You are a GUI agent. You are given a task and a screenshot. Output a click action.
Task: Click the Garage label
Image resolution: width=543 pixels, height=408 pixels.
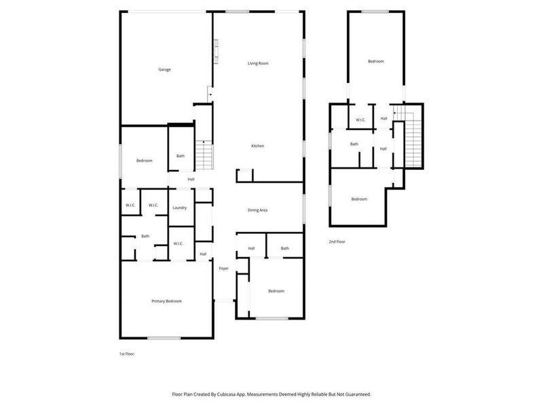tap(164, 69)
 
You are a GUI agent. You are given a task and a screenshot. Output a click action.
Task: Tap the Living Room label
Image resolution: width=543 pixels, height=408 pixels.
tap(258, 63)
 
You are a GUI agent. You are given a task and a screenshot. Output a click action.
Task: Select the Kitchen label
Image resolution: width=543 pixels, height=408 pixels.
tap(258, 146)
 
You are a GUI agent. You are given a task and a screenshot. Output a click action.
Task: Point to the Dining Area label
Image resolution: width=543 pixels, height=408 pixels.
tap(257, 210)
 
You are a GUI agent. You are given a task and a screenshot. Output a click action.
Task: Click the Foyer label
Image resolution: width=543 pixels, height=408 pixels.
tap(224, 269)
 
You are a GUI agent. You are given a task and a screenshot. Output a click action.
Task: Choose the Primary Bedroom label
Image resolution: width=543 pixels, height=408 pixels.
tap(166, 301)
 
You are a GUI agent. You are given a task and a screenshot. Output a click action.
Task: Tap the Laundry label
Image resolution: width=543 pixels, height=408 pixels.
tap(180, 207)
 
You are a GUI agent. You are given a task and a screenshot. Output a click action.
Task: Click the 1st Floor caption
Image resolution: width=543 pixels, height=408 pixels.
tap(126, 354)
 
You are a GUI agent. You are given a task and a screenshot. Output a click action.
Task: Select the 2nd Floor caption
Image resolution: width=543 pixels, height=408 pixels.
tap(337, 241)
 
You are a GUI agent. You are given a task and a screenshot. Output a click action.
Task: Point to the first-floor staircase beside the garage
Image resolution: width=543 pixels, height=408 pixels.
tap(204, 155)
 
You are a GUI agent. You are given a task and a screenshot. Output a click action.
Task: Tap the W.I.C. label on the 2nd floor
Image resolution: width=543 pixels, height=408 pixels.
tap(361, 120)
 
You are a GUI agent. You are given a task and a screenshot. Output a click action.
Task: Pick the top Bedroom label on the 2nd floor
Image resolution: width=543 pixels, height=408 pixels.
tap(376, 62)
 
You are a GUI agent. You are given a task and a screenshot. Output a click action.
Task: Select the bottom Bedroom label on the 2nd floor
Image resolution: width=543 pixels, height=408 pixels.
tap(359, 199)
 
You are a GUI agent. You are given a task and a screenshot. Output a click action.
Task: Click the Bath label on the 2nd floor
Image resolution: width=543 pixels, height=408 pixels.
tap(354, 144)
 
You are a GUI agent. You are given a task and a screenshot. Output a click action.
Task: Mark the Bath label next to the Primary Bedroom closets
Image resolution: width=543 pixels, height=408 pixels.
tap(145, 236)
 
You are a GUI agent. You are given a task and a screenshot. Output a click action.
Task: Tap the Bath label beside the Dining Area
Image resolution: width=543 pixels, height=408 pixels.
tap(285, 248)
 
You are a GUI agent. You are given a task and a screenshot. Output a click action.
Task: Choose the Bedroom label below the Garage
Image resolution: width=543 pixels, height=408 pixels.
tap(144, 160)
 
